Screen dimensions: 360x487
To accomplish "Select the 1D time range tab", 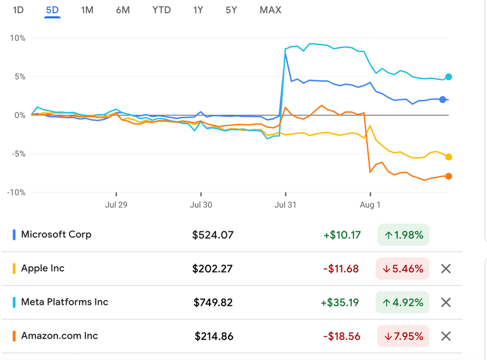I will pos(18,10).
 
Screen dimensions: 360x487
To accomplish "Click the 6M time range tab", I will pos(123,10).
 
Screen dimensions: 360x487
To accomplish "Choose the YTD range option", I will pos(161,10).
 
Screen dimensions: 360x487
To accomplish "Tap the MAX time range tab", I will pos(270,10).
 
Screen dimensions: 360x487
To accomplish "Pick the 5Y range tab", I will pos(231,10).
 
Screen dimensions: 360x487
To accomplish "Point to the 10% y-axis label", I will pos(17,38).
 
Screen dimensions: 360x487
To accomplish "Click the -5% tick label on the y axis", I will pos(17,154).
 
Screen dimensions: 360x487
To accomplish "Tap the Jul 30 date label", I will pos(201,205).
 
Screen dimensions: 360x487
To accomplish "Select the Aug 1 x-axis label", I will pos(370,205).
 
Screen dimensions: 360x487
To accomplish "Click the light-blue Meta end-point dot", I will pos(449,77).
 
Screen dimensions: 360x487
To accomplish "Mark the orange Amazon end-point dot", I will pos(449,176).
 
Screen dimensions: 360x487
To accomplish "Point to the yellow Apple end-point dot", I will pos(449,157).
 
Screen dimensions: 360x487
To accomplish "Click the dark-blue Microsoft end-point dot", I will pos(443,99).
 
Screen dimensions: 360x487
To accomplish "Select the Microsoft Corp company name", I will pos(56,234).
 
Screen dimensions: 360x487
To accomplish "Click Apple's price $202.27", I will pos(212,269).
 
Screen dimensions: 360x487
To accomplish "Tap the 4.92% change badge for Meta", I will pos(403,302).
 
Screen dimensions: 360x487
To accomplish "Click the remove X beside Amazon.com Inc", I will pos(446,336).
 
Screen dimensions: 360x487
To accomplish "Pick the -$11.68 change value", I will pos(341,269).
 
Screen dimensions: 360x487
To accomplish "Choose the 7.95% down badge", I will pos(403,336).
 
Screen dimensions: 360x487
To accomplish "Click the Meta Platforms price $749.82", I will pos(213,302).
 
